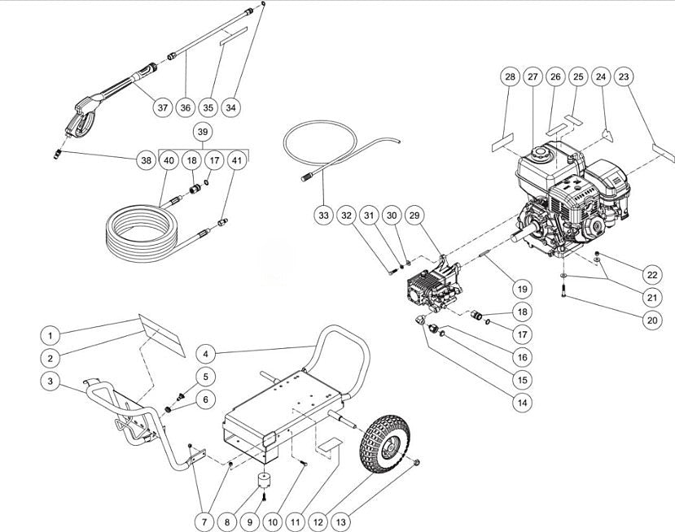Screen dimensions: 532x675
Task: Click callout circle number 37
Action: [x=162, y=107]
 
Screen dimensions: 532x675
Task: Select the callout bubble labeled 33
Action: [x=323, y=215]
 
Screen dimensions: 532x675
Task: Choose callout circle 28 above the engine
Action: [x=511, y=77]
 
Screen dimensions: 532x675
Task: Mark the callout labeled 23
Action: [x=625, y=77]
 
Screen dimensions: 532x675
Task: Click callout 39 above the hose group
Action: [x=204, y=132]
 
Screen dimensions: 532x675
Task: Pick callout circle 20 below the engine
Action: [x=651, y=320]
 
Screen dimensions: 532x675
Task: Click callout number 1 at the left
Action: [x=50, y=335]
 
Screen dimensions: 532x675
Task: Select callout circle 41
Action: [x=237, y=161]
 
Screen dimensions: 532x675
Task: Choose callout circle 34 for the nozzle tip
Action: [x=230, y=107]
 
